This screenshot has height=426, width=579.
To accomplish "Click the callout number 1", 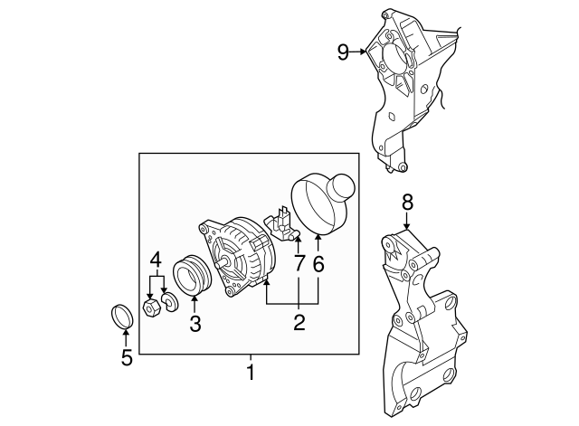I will click(x=251, y=371).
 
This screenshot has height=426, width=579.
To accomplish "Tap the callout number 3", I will click(x=195, y=323).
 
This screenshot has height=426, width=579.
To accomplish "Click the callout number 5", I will click(x=127, y=357).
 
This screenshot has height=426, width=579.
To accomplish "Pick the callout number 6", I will click(x=318, y=265).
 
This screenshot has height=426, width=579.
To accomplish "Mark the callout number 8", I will click(x=407, y=202).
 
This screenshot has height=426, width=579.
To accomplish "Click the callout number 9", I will click(x=343, y=52).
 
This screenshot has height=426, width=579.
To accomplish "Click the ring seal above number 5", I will click(x=121, y=317).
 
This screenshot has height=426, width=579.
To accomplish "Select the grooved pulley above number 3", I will click(x=193, y=276).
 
